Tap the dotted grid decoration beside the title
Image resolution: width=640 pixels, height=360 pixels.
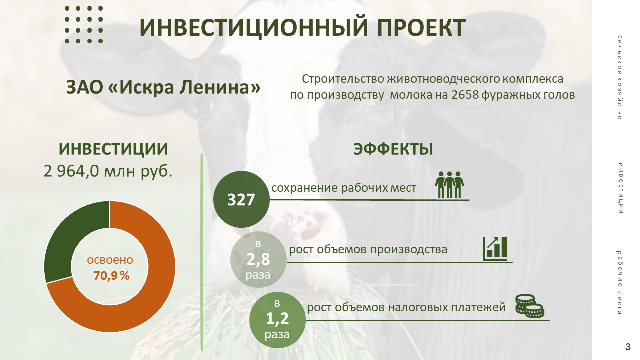point(84,25)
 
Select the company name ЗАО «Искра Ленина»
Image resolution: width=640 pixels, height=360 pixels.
point(163,87)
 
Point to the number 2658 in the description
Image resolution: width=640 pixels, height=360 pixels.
point(465,95)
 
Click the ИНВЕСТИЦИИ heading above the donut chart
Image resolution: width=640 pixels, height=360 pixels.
point(113,149)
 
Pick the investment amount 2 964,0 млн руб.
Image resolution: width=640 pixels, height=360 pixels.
point(108,171)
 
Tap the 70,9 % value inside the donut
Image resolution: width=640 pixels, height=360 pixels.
point(111,275)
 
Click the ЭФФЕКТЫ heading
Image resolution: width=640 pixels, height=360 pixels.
point(393,149)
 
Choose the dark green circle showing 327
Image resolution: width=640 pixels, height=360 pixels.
point(241,199)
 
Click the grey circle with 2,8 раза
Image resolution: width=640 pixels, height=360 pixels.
point(258,259)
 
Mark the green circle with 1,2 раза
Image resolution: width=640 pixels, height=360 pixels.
point(277,320)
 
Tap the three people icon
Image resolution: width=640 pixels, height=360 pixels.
point(449,185)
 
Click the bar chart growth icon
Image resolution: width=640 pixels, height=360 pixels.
point(495,248)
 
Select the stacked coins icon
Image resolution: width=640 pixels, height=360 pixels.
point(529,306)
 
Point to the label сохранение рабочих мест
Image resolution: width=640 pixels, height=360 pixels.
point(344,188)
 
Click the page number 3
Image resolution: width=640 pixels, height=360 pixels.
point(628,347)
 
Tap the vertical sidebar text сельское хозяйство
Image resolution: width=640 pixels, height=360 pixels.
point(619,77)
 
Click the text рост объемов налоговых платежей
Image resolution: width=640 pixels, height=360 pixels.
point(406,307)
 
